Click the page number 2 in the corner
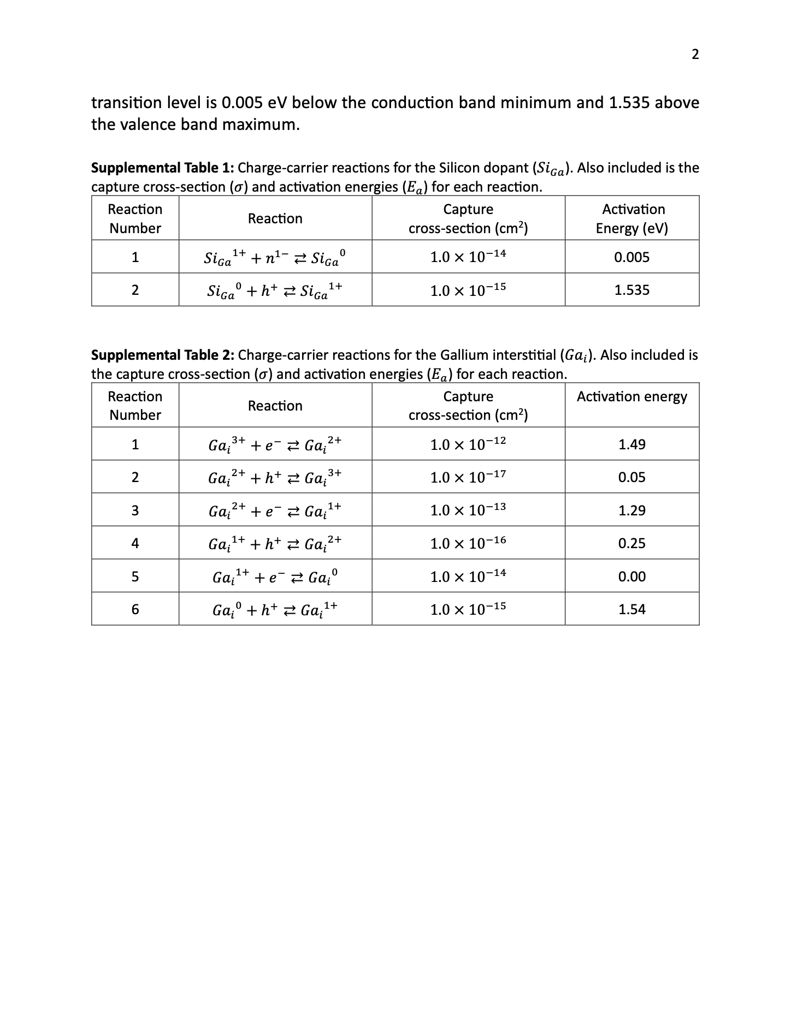(695, 54)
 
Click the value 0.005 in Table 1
(631, 257)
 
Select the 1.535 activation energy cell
(631, 290)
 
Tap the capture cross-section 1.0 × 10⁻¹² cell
(468, 444)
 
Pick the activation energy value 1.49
(631, 444)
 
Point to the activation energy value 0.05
(631, 478)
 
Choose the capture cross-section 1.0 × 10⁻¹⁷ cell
(468, 477)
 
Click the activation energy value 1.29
(631, 510)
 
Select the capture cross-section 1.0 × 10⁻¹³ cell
(468, 510)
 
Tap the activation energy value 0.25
(631, 543)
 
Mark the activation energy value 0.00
(631, 577)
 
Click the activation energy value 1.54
(631, 609)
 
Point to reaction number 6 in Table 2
(135, 609)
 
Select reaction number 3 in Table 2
(135, 510)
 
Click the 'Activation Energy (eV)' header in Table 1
(633, 218)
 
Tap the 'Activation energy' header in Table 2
(631, 397)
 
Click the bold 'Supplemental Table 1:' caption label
(163, 168)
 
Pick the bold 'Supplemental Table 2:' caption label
(163, 355)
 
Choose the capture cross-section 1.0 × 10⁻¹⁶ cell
(468, 543)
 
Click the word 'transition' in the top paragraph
(127, 103)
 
